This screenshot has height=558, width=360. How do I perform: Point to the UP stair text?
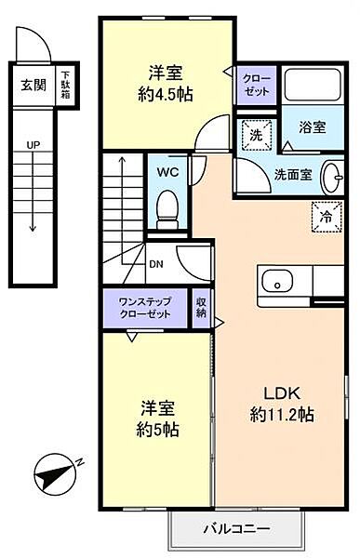33,145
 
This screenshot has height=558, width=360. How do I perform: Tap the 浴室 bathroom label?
312,126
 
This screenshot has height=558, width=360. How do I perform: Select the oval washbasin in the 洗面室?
332,175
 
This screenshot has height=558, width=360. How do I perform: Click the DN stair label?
155,261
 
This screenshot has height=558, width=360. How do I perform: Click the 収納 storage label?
202,309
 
